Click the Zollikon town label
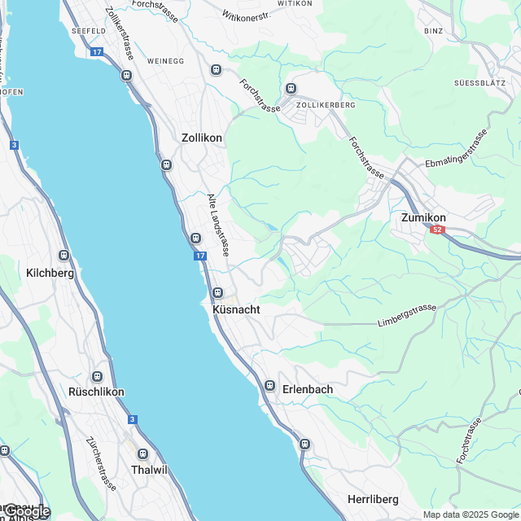point(202,138)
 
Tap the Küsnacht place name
point(235,310)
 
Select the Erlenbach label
point(308,390)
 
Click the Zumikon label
point(423,218)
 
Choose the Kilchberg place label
point(50,274)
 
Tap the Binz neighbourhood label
point(433,31)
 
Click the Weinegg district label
point(166,61)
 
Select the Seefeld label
point(89,31)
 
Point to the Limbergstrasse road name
point(407,317)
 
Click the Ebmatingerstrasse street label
point(457,149)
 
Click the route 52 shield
point(438,230)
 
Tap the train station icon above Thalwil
point(143,453)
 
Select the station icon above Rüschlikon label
point(97,377)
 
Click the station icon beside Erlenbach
point(269,385)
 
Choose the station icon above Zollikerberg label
point(291,89)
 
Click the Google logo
point(27,510)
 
